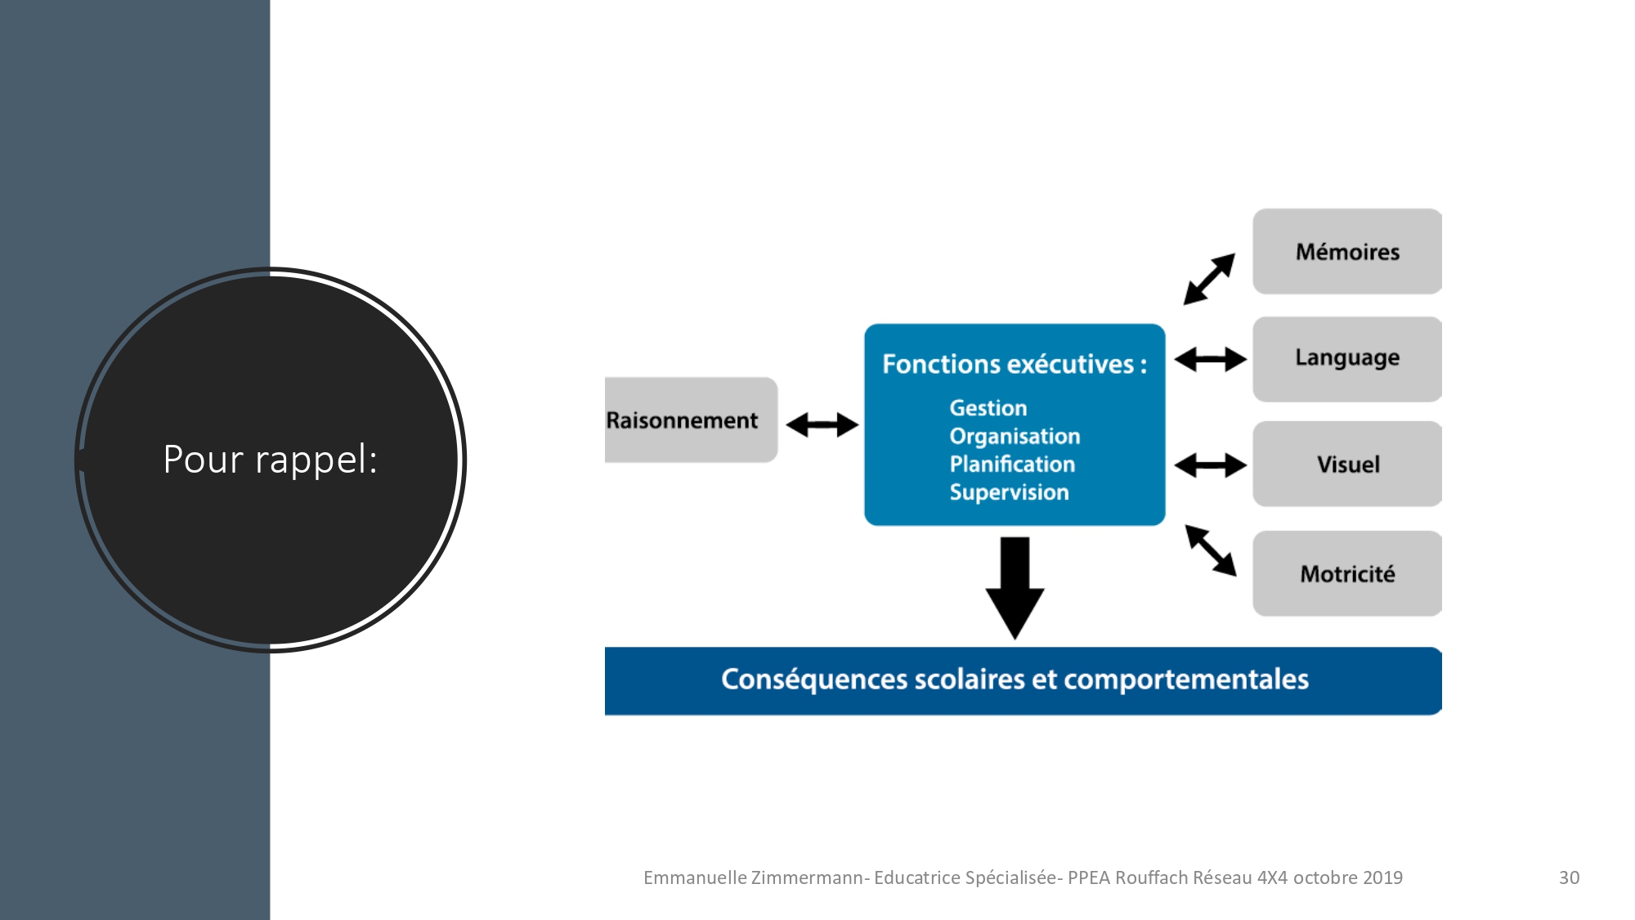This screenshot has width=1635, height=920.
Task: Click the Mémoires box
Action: pos(1347,251)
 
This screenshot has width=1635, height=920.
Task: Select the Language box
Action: pos(1347,359)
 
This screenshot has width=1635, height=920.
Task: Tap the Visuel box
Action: pos(1347,464)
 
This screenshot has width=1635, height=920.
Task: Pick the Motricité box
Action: pos(1347,573)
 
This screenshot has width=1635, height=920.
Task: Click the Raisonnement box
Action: pos(691,420)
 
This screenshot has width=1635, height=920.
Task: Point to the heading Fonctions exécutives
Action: pos(1015,364)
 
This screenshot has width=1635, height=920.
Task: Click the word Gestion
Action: pos(988,407)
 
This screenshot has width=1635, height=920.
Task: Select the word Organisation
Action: pos(1015,437)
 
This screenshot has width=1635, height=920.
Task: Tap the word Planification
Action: pos(1012,464)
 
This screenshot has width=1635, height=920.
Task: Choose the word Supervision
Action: pos(1009,492)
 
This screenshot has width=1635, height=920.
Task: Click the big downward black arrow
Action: pos(1015,588)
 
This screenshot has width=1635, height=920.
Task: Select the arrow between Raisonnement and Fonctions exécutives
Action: pos(822,424)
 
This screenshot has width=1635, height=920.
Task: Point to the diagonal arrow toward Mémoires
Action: pos(1209,279)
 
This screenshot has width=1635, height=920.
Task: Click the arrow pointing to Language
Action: pos(1210,358)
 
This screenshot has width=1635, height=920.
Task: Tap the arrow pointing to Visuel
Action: pos(1210,465)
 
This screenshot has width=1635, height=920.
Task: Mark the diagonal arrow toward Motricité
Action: pos(1211,550)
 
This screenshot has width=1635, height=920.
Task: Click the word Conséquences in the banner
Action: pos(814,680)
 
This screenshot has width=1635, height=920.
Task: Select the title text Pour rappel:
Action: pos(271,459)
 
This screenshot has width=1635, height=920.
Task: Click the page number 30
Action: pos(1569,877)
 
